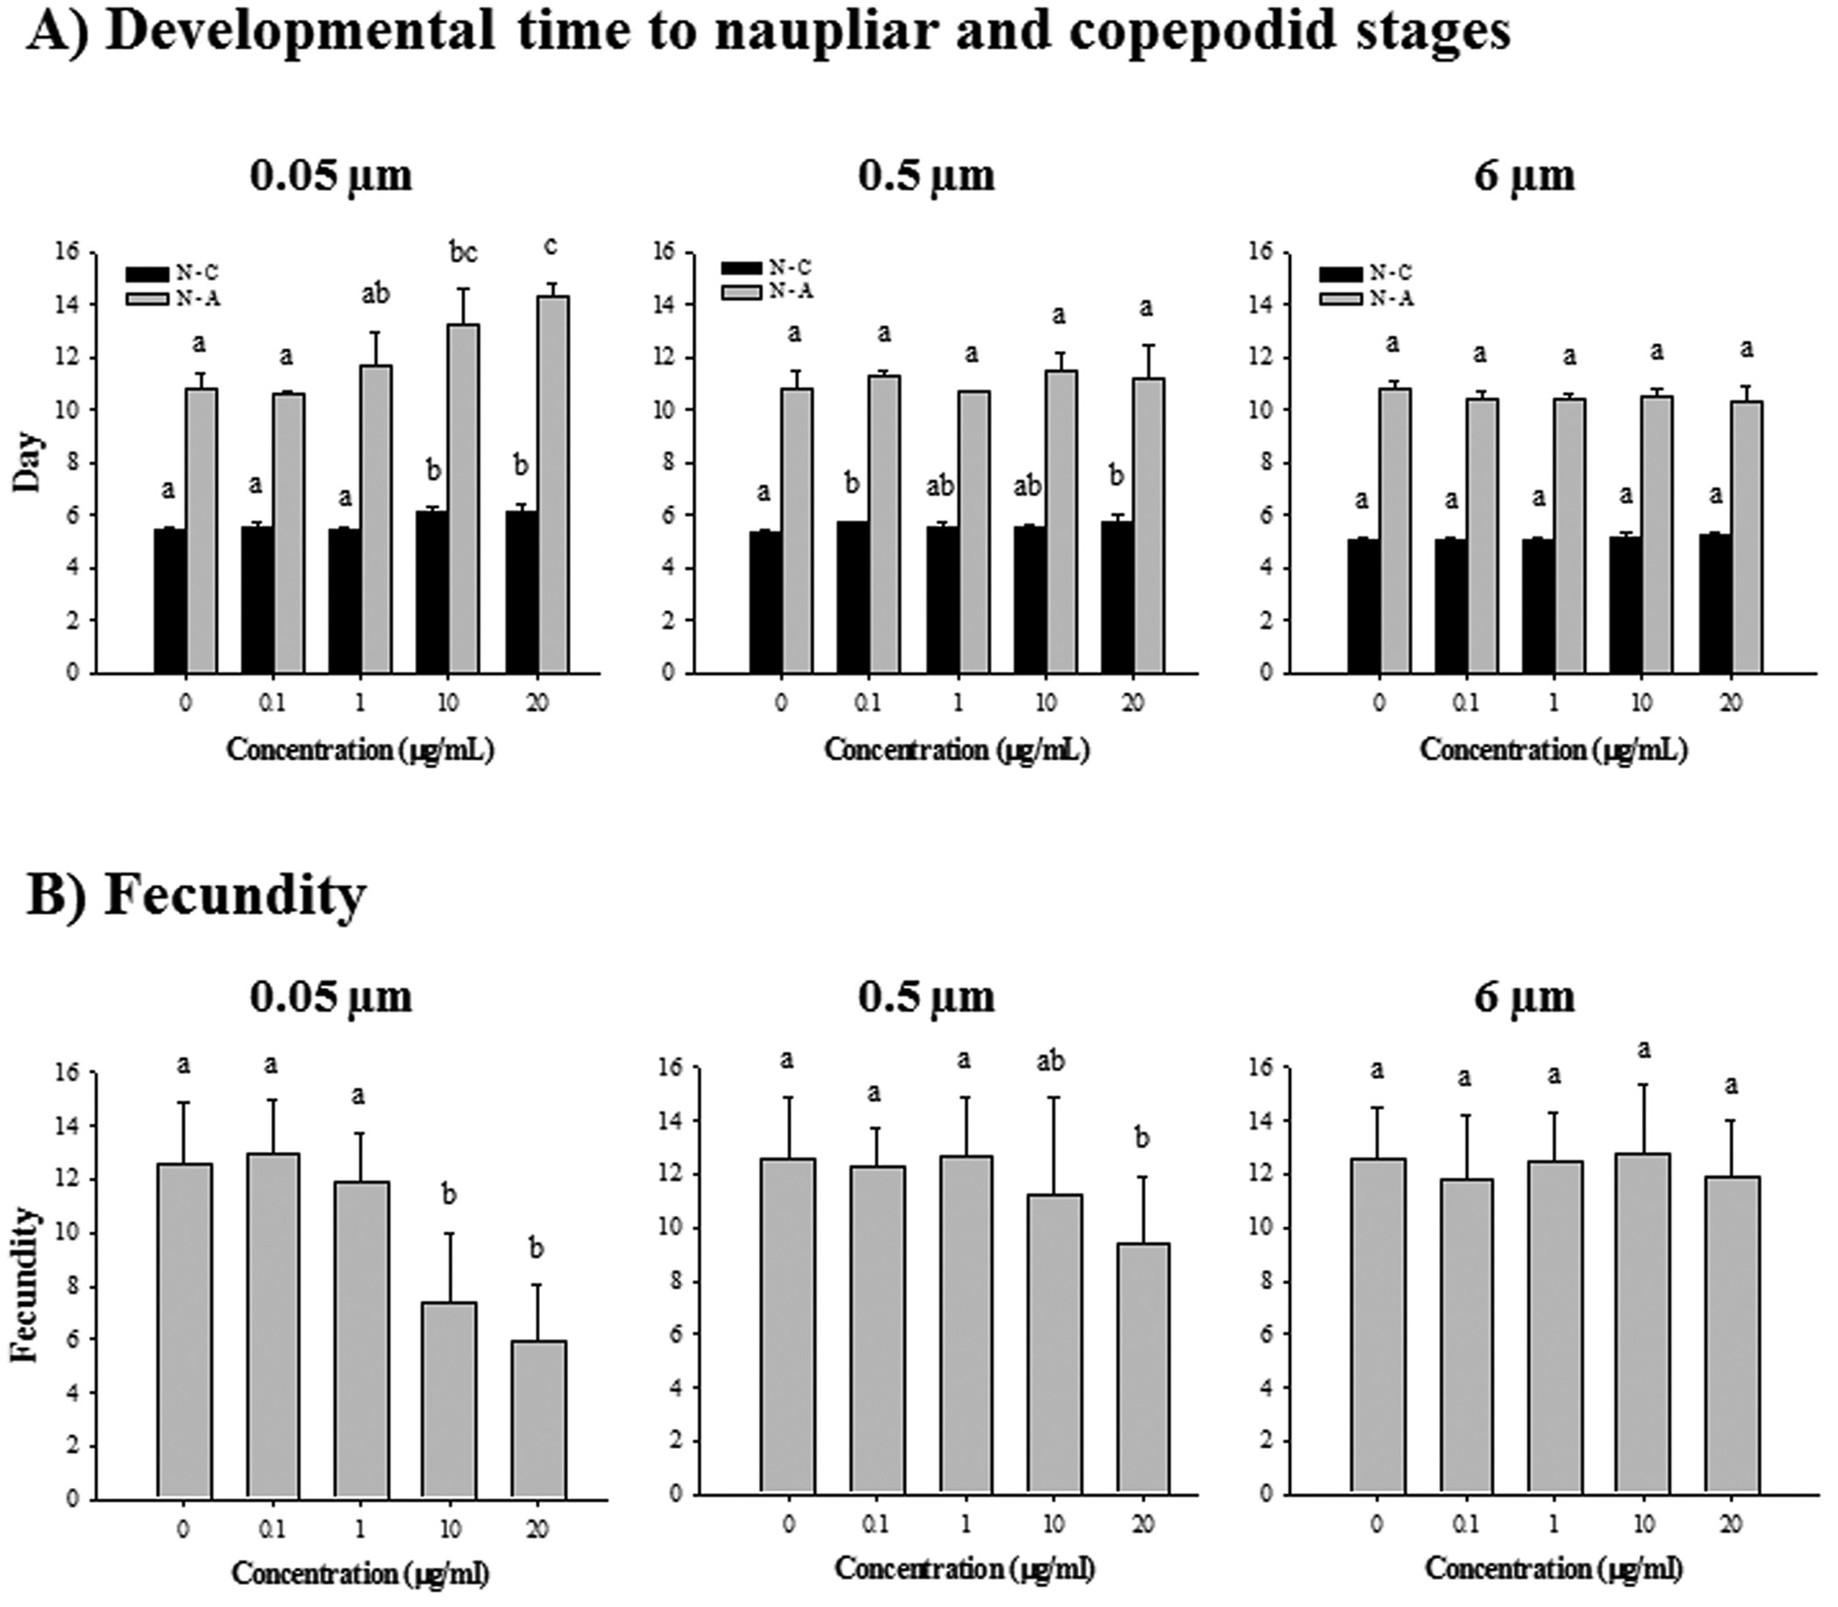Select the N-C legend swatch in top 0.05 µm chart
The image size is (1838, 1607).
click(146, 273)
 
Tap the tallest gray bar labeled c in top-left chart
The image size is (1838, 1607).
click(553, 484)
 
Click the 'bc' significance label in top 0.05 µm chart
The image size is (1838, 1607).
click(464, 254)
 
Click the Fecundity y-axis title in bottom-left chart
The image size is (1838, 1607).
click(26, 1285)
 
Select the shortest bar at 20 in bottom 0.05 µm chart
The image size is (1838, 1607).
click(538, 1419)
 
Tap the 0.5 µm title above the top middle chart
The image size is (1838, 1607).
click(926, 175)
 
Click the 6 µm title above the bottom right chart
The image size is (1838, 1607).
click(1523, 997)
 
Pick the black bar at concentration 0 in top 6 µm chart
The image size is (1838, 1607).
click(1363, 606)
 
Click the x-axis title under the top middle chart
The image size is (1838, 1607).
click(957, 750)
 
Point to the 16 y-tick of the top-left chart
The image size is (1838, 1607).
click(69, 253)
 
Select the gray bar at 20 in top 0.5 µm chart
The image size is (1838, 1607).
click(1147, 524)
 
